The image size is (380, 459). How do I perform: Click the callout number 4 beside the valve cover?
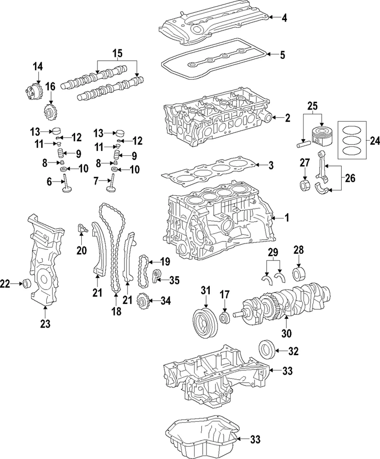[x=284, y=18]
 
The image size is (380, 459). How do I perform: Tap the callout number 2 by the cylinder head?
[x=287, y=118]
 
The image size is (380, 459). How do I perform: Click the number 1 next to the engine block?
[x=287, y=218]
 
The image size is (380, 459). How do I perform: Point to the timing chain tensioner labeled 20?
[x=82, y=228]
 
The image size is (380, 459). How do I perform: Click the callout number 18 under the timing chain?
[x=115, y=311]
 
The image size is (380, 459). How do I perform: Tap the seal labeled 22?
[x=26, y=284]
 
